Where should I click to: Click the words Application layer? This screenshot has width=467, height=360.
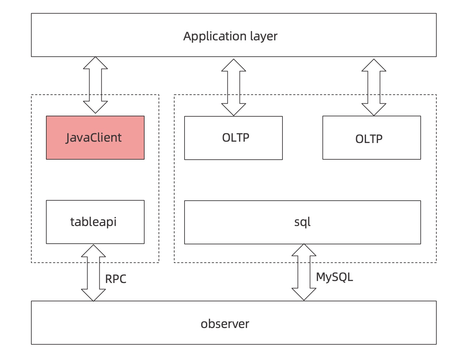230,36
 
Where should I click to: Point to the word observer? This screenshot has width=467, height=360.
225,324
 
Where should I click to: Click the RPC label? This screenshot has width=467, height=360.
116,279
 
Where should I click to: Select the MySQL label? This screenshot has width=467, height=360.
334,277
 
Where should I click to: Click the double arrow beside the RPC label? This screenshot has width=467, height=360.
93,273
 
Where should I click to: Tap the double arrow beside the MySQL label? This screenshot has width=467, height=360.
304,272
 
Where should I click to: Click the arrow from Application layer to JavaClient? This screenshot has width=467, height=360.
95,85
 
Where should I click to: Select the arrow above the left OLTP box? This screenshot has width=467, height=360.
233,87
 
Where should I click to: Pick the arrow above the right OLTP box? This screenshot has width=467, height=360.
374,87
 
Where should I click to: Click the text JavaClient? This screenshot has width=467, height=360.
94,138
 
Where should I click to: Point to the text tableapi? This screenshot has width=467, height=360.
93,222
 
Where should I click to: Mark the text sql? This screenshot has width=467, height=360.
302,222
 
